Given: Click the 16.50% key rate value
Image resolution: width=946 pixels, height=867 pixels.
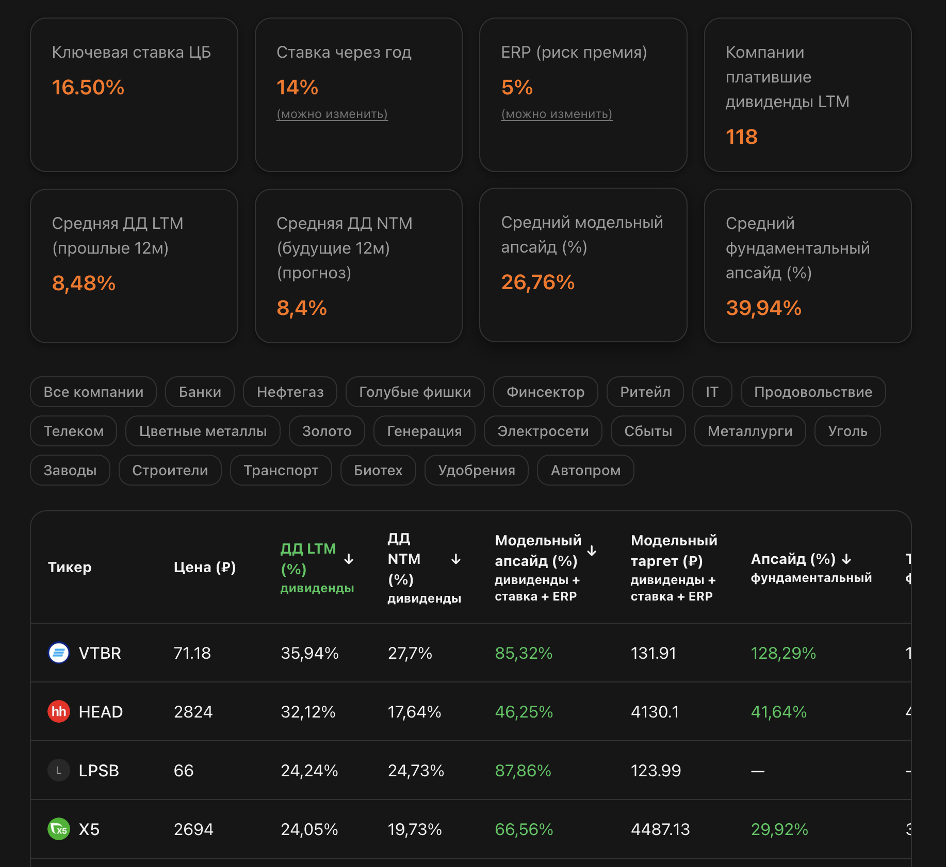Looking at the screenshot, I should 88,88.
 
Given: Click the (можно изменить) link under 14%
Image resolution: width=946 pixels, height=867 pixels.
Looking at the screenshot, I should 332,114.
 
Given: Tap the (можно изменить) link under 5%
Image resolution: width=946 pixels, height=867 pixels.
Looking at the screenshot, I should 557,114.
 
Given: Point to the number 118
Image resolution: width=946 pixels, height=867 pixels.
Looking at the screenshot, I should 741,137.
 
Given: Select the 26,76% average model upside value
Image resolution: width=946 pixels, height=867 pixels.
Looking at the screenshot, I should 537,282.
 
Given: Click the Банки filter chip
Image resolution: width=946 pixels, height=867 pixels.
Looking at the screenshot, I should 200,392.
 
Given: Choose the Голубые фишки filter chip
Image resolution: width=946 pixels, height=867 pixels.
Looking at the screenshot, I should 415,392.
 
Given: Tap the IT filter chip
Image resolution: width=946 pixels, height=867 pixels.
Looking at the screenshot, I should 712,392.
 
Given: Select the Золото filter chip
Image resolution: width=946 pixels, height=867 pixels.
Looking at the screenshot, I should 327,431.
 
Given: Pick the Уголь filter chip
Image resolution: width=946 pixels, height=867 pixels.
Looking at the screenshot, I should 847,431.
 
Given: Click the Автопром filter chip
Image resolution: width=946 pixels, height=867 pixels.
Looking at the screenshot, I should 585,471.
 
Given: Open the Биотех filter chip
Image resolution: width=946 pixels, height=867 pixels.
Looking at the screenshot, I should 378,471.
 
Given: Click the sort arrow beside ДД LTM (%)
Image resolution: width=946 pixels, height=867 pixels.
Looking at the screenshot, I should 349,559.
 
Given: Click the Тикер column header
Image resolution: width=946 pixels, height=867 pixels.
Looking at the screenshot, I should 70,568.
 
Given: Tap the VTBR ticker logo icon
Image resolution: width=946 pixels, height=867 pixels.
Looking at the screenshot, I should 59,653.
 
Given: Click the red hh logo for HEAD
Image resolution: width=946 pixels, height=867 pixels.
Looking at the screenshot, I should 59,712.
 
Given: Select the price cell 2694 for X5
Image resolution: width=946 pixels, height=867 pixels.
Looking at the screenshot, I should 193,829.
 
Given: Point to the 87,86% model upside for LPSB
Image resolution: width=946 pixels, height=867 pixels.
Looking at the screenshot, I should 523,771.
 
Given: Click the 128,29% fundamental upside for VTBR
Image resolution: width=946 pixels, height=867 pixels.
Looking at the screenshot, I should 783,653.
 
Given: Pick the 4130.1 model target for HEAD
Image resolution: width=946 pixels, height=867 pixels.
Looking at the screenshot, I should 655,712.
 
